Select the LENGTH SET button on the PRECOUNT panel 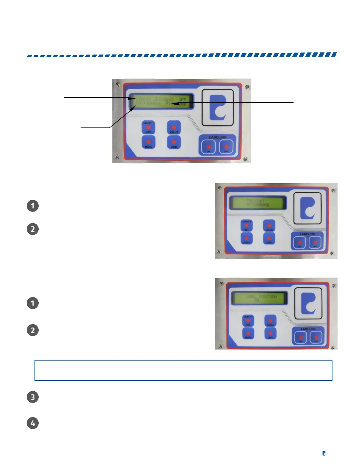(x=247, y=226)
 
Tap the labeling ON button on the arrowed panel (x=208, y=147)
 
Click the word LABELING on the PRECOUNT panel (x=307, y=234)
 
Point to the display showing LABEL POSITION (x=259, y=298)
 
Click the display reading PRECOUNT (x=258, y=203)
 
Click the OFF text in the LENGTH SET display (x=182, y=99)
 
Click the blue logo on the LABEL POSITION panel (x=308, y=303)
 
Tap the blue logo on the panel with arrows (x=217, y=108)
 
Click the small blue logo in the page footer (x=324, y=453)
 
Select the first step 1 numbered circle (x=33, y=206)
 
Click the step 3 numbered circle (x=33, y=397)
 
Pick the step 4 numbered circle (x=33, y=423)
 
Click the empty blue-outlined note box (x=183, y=370)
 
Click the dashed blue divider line (x=182, y=55)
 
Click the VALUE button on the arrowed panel (x=174, y=128)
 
